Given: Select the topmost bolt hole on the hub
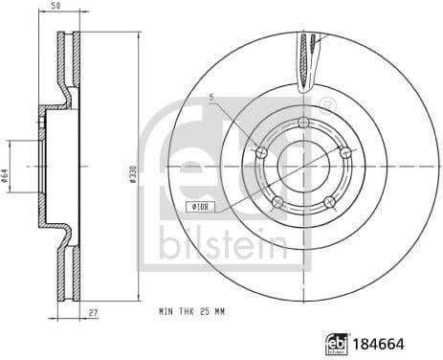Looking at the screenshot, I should pyautogui.click(x=303, y=123).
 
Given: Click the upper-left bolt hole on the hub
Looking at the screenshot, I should pyautogui.click(x=261, y=151).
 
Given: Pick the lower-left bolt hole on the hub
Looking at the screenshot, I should pyautogui.click(x=277, y=201).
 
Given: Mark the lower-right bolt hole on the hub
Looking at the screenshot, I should pyautogui.click(x=329, y=201).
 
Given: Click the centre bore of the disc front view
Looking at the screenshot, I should pyautogui.click(x=303, y=165).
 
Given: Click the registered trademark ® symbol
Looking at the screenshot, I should pyautogui.click(x=328, y=102).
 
